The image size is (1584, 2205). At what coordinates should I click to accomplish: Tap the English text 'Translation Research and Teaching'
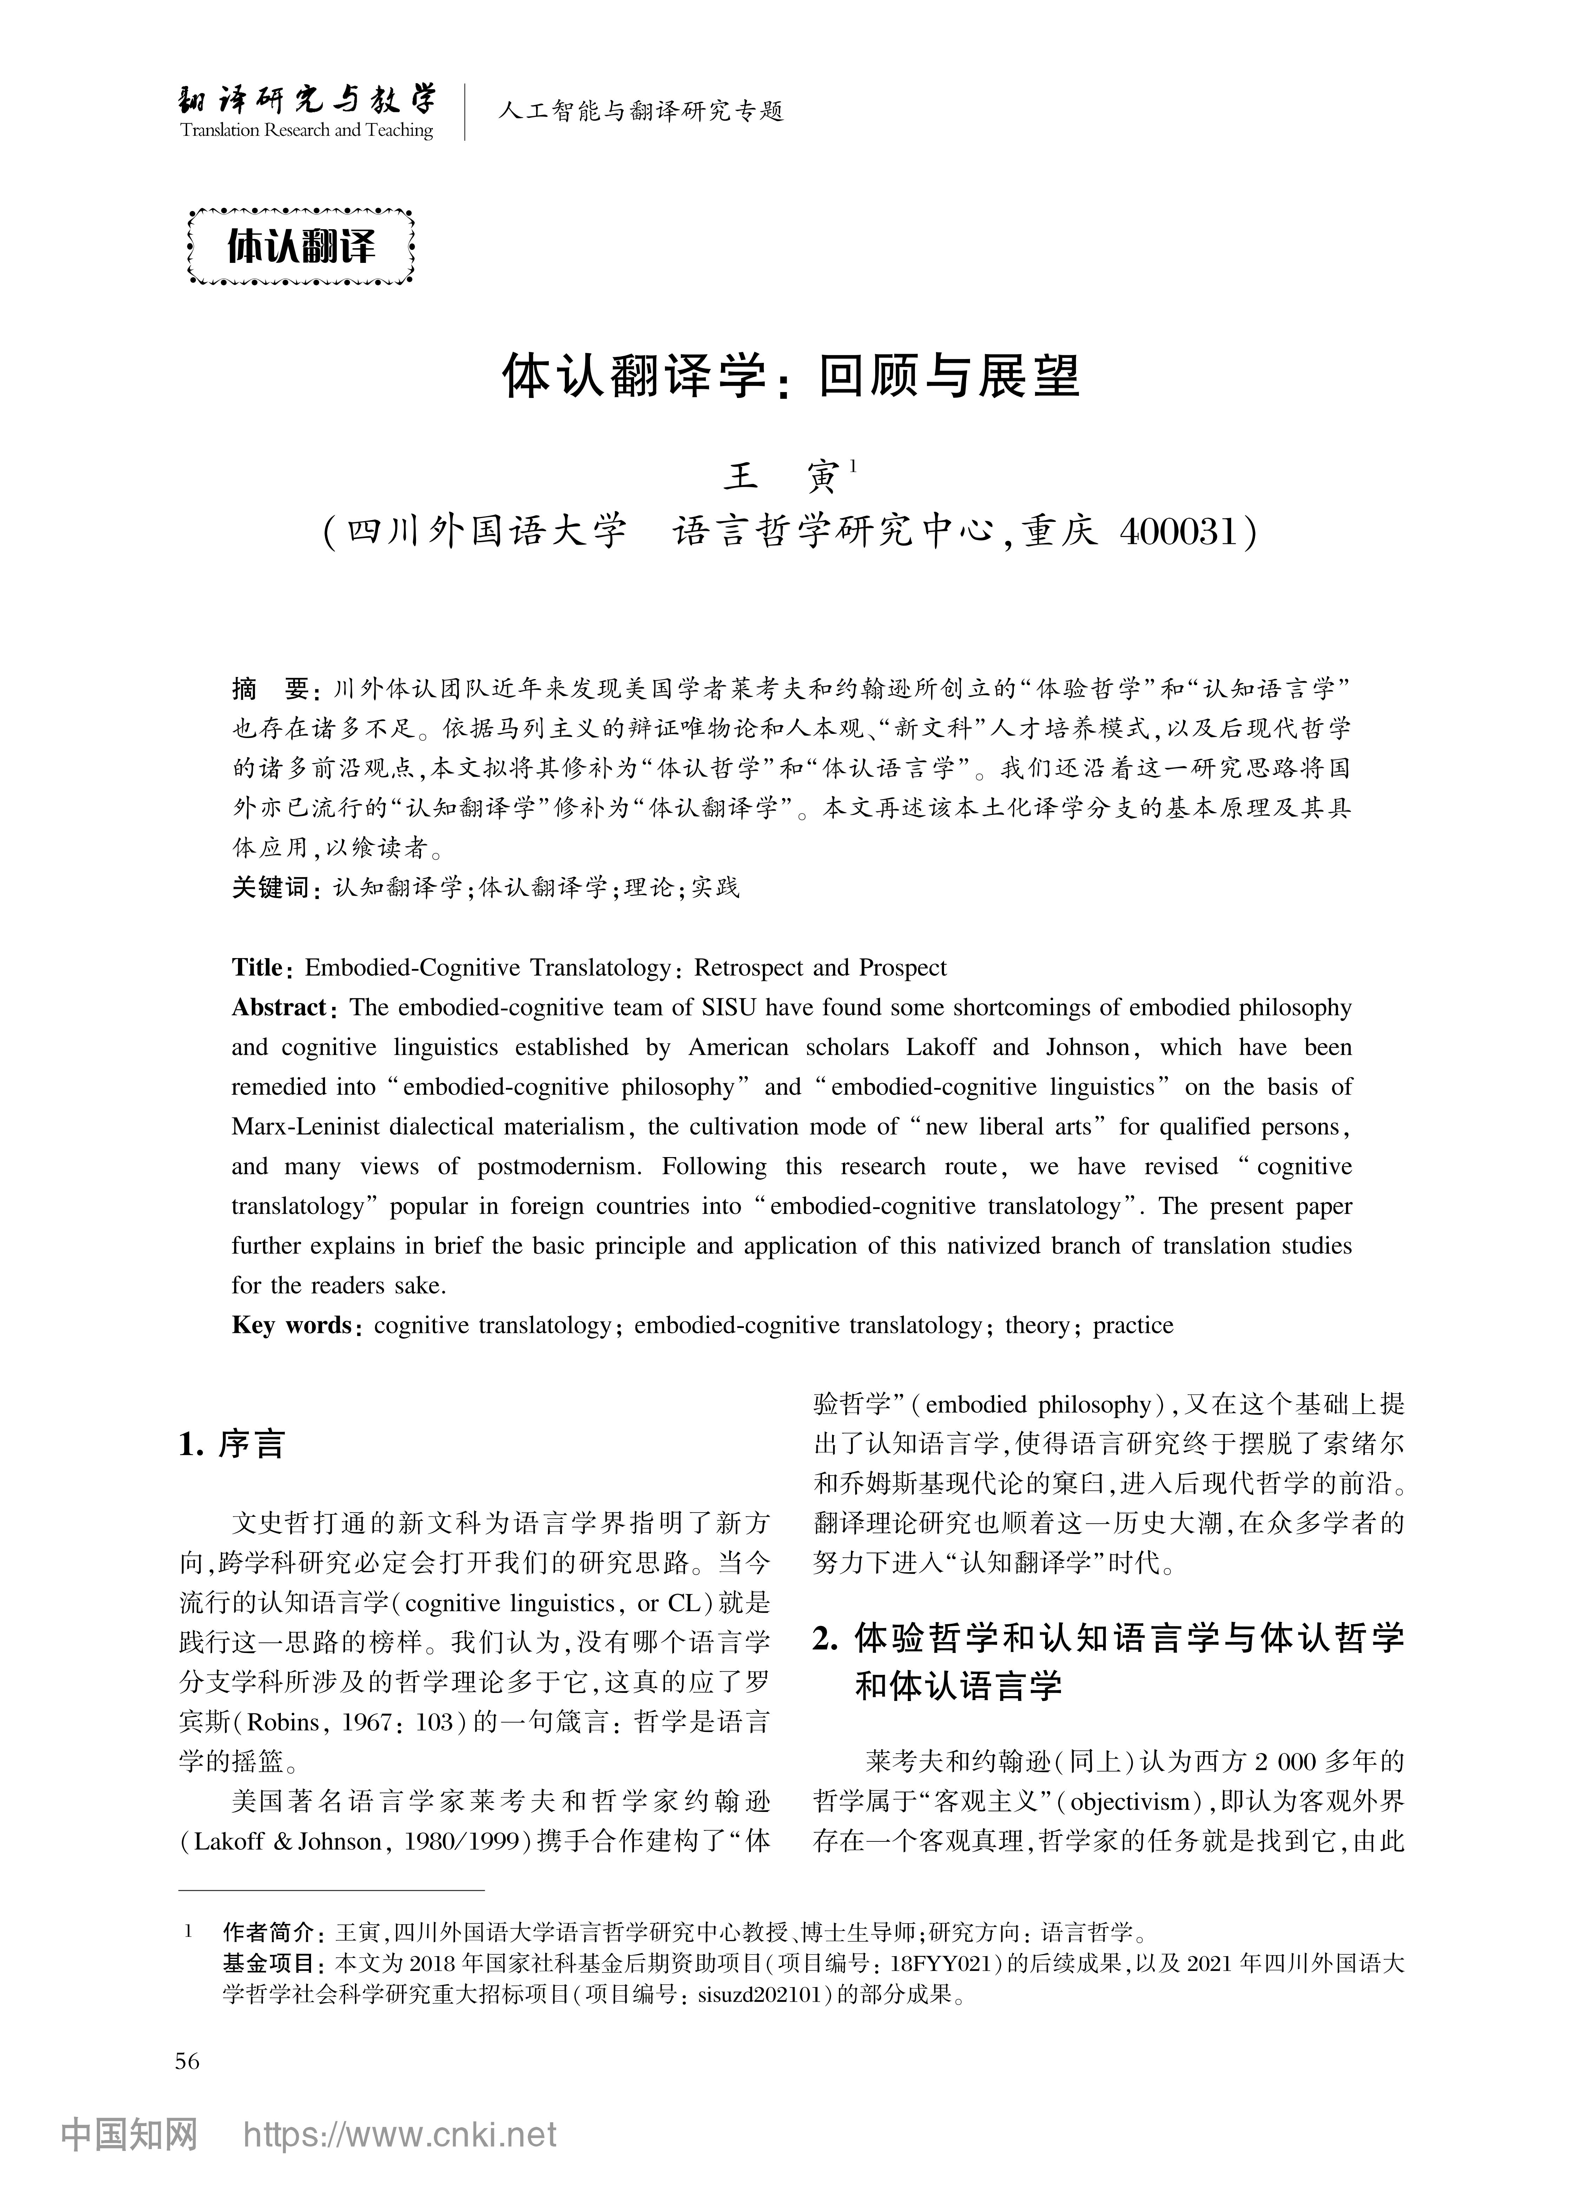point(307,130)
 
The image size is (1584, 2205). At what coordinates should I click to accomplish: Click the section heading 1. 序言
point(231,1445)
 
